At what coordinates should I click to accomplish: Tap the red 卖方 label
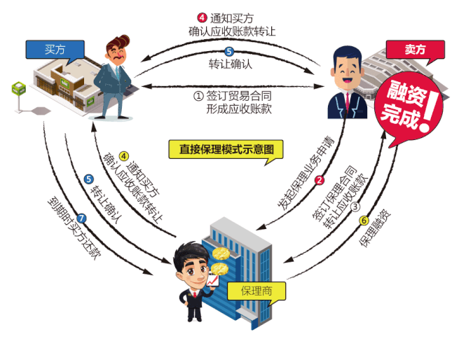pos(415,49)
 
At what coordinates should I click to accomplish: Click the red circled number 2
pos(320,180)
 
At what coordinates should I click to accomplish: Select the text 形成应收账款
pos(239,110)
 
